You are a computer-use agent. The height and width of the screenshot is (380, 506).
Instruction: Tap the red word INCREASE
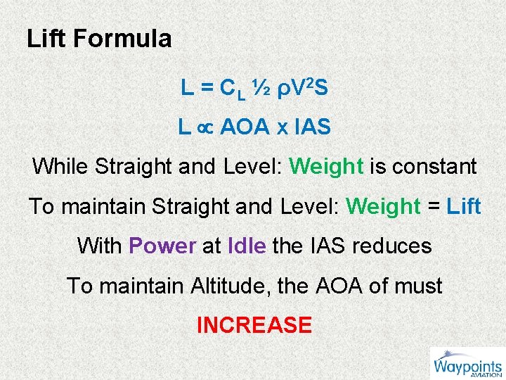[254, 325]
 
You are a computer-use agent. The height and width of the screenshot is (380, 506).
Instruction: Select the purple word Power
[162, 246]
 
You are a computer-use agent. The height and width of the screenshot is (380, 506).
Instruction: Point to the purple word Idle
[247, 246]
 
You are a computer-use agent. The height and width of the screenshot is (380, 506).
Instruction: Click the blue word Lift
[464, 207]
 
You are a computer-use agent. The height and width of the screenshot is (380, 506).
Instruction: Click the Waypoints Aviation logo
[467, 364]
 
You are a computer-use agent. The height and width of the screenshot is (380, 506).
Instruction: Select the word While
[60, 167]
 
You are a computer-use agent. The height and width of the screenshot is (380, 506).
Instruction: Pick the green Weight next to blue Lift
[383, 207]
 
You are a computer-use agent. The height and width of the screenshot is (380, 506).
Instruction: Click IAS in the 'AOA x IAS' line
[312, 127]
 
